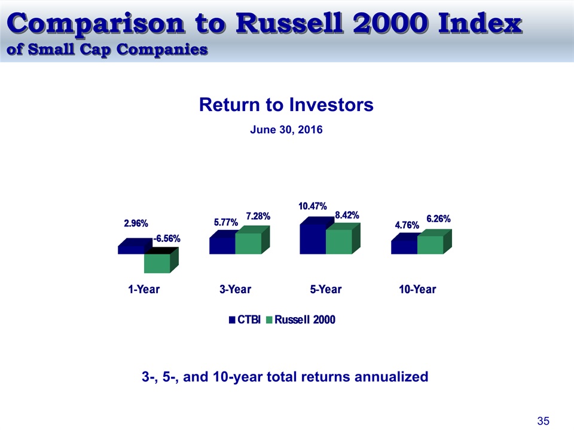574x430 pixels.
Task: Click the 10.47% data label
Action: (313, 206)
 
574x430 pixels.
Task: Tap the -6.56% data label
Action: (167, 239)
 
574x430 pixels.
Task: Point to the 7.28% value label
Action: (258, 216)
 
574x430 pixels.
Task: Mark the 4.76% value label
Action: (407, 225)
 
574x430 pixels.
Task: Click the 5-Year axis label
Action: (326, 290)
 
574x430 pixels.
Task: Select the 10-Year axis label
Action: (417, 290)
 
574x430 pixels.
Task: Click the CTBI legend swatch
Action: (232, 320)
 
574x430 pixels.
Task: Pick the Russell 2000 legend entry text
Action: (305, 320)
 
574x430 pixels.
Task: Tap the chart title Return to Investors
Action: (286, 105)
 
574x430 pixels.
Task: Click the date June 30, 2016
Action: (286, 130)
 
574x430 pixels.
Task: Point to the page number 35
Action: (544, 421)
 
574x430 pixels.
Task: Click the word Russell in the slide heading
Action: (289, 23)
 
